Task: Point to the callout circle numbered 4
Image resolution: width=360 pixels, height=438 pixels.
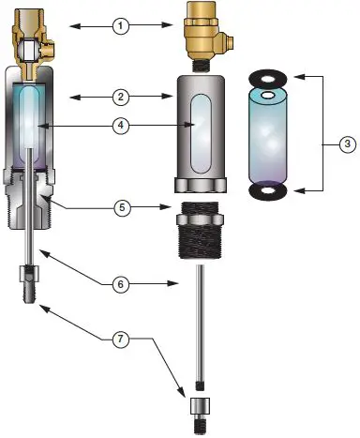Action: [x=120, y=124]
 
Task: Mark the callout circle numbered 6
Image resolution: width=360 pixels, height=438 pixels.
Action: [x=120, y=281]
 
